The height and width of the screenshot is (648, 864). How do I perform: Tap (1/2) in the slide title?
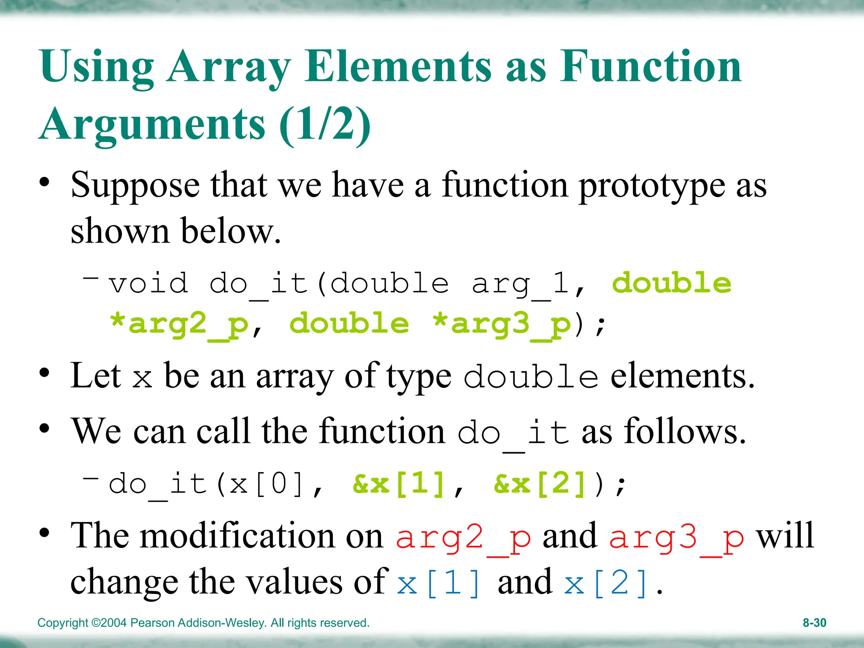(x=324, y=124)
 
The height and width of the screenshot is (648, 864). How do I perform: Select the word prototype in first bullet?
(x=651, y=186)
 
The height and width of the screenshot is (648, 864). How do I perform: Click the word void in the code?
(x=148, y=283)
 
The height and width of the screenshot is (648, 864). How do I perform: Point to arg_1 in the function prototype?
(x=521, y=284)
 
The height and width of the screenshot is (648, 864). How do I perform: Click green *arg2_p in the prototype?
(x=179, y=324)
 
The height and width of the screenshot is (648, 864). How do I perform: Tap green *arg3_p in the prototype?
(x=502, y=324)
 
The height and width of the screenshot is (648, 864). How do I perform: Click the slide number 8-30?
(x=814, y=623)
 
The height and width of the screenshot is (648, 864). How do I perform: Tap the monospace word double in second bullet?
(x=531, y=376)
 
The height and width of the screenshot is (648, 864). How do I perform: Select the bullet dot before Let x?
(x=44, y=373)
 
